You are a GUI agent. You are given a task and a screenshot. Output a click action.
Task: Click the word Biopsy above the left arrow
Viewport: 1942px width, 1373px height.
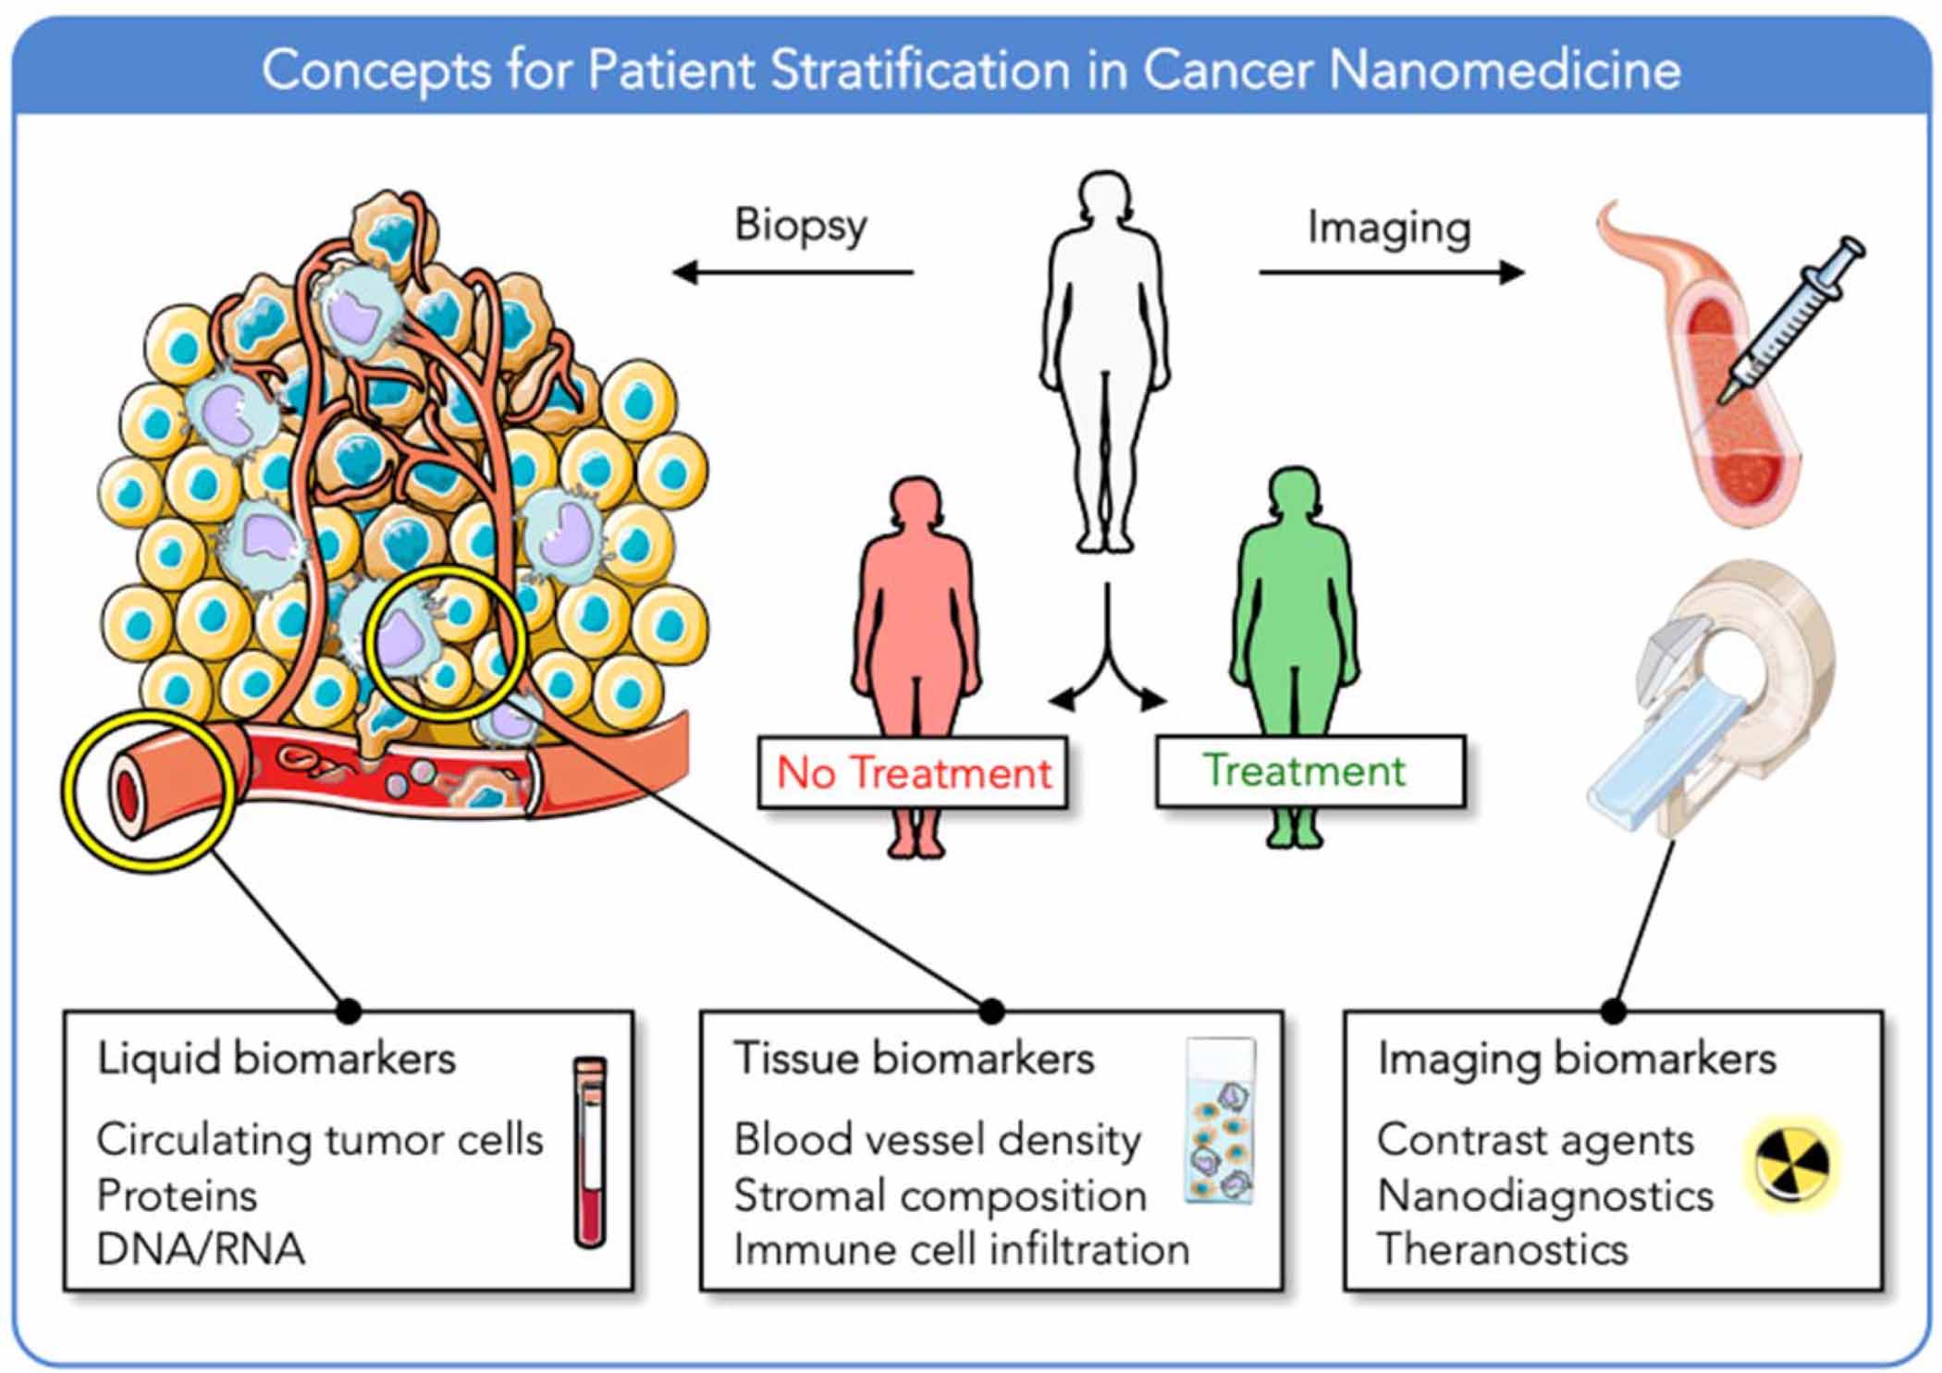[x=801, y=226]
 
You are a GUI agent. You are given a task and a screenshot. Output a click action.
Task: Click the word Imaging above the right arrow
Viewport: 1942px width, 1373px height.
[x=1388, y=227]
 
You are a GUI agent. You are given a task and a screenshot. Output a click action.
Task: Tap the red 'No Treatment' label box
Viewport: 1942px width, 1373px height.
[x=913, y=773]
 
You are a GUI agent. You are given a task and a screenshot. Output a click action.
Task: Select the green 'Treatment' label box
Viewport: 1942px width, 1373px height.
[x=1309, y=770]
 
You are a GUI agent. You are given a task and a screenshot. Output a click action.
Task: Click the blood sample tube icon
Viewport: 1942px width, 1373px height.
[x=589, y=1151]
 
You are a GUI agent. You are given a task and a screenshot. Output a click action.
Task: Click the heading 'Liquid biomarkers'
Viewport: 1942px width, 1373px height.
[x=277, y=1059]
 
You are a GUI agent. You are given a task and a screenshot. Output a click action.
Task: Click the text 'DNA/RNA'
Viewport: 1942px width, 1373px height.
[x=201, y=1250]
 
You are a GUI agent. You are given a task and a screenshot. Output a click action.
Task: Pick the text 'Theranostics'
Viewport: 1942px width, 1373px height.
[x=1502, y=1250]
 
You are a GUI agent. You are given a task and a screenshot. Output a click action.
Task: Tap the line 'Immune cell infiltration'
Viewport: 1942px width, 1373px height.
[x=961, y=1250]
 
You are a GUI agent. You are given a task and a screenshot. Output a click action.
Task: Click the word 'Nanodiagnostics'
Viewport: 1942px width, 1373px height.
[x=1544, y=1196]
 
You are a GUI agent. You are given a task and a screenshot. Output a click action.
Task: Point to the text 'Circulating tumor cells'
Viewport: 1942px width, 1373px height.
[x=320, y=1140]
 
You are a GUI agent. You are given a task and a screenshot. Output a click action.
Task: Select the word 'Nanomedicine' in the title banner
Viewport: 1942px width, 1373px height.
[x=1505, y=71]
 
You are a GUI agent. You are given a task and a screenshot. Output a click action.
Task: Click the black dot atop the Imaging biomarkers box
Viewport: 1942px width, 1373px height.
[x=1614, y=1011]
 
